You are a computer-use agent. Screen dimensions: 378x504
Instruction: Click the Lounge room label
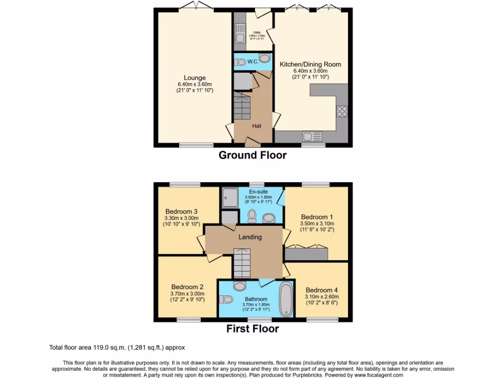click(x=195, y=78)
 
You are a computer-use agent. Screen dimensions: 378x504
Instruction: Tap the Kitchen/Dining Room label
click(x=310, y=64)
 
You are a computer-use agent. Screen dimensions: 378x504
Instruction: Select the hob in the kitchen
click(x=342, y=112)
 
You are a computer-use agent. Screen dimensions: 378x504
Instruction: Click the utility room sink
click(x=240, y=38)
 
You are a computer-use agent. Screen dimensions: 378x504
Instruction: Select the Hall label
click(x=256, y=126)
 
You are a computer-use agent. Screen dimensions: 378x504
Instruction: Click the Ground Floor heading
click(x=252, y=156)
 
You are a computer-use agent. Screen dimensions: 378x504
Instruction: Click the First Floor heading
click(x=252, y=329)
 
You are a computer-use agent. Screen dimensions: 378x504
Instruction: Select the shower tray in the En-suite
click(x=229, y=197)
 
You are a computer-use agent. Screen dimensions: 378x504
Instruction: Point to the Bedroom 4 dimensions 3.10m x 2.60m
click(x=322, y=297)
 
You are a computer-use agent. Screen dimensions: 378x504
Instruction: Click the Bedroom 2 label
click(x=187, y=287)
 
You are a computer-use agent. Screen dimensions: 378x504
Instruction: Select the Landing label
click(x=250, y=237)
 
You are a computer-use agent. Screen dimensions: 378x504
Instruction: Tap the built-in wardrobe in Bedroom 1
click(x=307, y=253)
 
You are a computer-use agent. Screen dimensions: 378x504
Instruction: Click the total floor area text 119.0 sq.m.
click(x=117, y=347)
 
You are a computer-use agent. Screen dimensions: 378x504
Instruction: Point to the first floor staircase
click(x=242, y=263)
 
